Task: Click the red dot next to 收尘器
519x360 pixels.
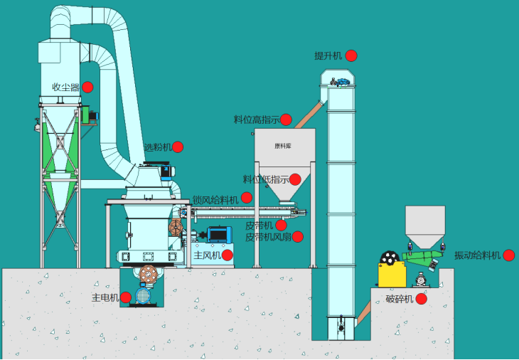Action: pyautogui.click(x=87, y=87)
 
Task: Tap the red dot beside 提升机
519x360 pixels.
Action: pyautogui.click(x=351, y=55)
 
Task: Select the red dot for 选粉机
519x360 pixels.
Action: pyautogui.click(x=178, y=147)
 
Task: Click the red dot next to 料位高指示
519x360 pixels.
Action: pyautogui.click(x=286, y=120)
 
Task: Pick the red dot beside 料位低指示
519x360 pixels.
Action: pyautogui.click(x=295, y=179)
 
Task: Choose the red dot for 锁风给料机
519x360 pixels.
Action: pyautogui.click(x=247, y=198)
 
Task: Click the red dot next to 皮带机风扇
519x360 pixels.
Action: pyautogui.click(x=297, y=236)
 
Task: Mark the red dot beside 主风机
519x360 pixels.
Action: pyautogui.click(x=228, y=255)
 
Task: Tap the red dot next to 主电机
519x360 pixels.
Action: pyautogui.click(x=126, y=297)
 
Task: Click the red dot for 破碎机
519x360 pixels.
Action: pyautogui.click(x=421, y=299)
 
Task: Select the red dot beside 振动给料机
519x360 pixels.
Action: pyautogui.click(x=508, y=255)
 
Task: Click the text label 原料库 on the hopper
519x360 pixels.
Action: pyautogui.click(x=283, y=147)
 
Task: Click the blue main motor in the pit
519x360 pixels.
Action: pyautogui.click(x=144, y=295)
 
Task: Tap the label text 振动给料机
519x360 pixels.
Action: pyautogui.click(x=478, y=255)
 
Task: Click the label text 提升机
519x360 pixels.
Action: pyautogui.click(x=328, y=55)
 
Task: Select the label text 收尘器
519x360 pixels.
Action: pyautogui.click(x=65, y=87)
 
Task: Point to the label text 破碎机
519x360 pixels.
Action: pyautogui.click(x=400, y=299)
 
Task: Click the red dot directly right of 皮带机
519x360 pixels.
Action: pyautogui.click(x=281, y=225)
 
